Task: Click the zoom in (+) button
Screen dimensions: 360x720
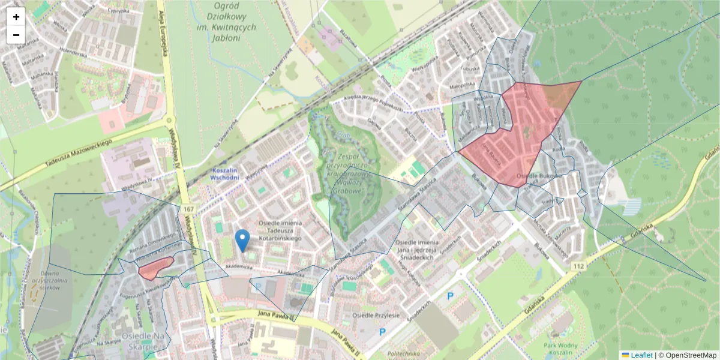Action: (16, 17)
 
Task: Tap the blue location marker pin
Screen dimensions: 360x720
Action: (242, 240)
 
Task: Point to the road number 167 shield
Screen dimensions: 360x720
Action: (190, 208)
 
